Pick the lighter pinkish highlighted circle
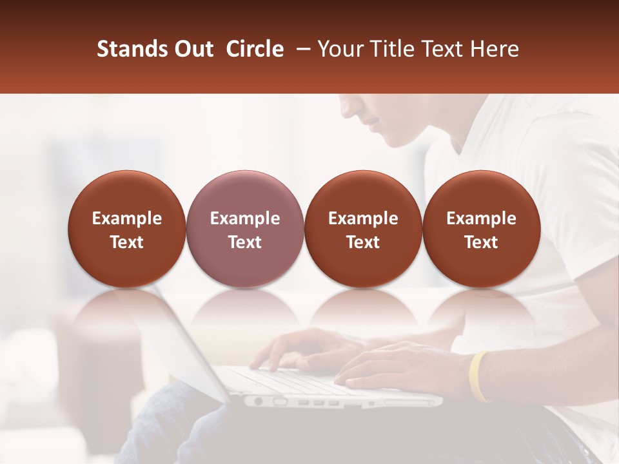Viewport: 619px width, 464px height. (244, 229)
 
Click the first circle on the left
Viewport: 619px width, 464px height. (126, 229)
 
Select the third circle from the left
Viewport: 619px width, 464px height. (363, 229)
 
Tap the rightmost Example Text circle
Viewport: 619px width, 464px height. (481, 229)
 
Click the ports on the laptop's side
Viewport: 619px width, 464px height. (316, 402)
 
